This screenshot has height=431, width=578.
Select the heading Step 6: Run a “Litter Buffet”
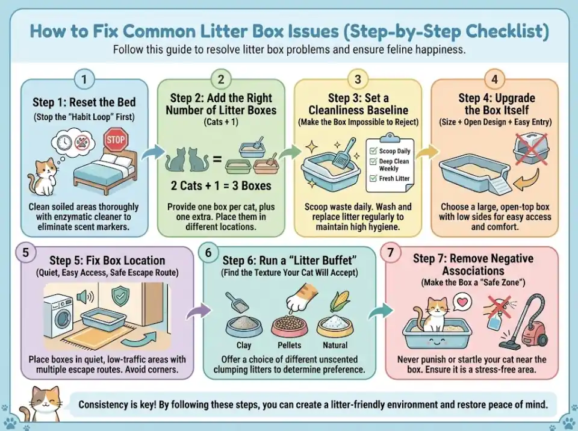tap(289, 260)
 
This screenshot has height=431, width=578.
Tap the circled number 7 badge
tap(391, 253)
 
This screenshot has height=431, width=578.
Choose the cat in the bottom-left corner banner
tap(39, 405)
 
